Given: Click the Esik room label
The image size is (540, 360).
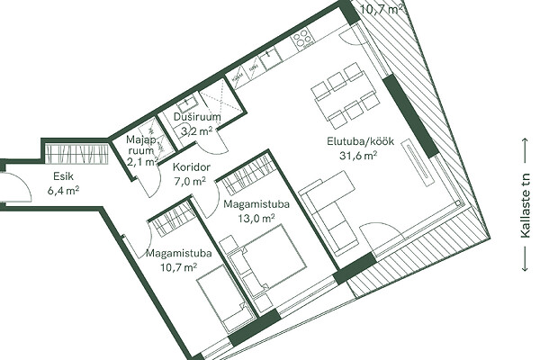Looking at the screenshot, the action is (x=63, y=176).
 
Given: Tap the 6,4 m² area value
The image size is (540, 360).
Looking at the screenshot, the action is (x=64, y=190).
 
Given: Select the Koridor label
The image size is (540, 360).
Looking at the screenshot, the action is (x=191, y=167).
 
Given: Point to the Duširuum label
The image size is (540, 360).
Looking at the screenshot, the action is (x=197, y=117).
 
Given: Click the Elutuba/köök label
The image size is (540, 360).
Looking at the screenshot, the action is (x=360, y=141).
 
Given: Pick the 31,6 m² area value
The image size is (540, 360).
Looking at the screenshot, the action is (x=358, y=156).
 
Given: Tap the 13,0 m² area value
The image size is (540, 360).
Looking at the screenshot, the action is (x=256, y=218).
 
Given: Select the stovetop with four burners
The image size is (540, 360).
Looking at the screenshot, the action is (x=302, y=37).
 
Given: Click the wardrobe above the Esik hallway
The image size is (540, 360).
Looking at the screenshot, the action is (x=77, y=154).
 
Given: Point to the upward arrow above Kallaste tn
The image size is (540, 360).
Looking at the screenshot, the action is (x=525, y=150).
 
